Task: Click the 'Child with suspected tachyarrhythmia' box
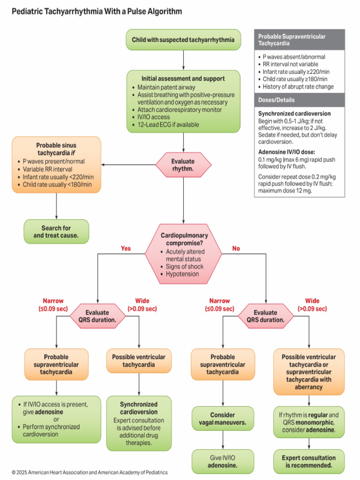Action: pyautogui.click(x=183, y=40)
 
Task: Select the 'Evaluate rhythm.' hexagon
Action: pyautogui.click(x=183, y=165)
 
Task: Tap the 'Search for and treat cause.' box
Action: pyautogui.click(x=56, y=232)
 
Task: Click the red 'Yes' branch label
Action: pyautogui.click(x=126, y=248)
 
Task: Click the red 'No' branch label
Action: pyautogui.click(x=236, y=248)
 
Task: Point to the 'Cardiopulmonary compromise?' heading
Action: pyautogui.click(x=184, y=239)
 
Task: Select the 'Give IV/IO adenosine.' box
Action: pyautogui.click(x=223, y=462)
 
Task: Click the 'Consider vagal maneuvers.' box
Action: pyautogui.click(x=223, y=419)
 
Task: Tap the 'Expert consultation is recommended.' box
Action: pyautogui.click(x=308, y=461)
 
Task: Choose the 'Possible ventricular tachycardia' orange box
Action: pyautogui.click(x=139, y=360)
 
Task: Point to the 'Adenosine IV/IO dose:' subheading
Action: pyautogui.click(x=285, y=152)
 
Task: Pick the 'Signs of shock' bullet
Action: pyautogui.click(x=185, y=266)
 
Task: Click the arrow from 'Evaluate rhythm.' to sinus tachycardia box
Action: pyautogui.click(x=127, y=165)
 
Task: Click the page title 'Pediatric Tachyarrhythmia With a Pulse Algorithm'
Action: pyautogui.click(x=97, y=11)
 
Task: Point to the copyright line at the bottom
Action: pyautogui.click(x=90, y=472)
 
